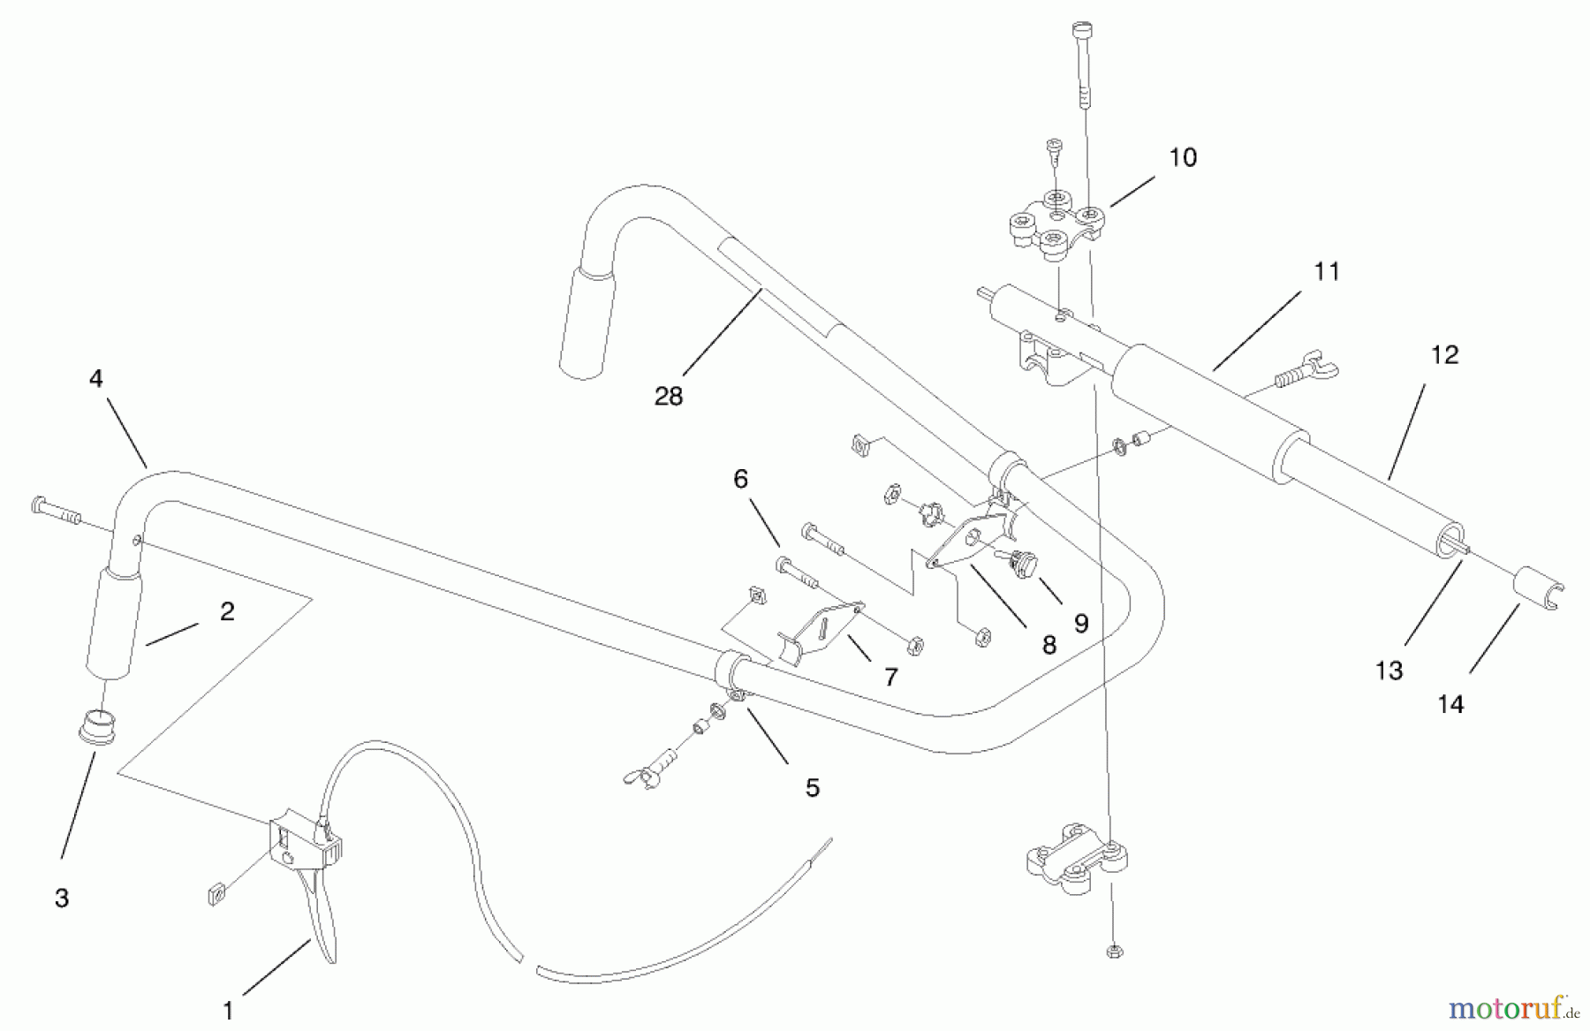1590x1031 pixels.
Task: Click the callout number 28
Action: [669, 397]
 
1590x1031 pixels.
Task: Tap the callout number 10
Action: [1183, 158]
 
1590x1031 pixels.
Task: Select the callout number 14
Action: [1450, 704]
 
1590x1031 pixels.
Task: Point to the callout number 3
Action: [61, 898]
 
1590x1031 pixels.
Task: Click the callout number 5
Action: [812, 787]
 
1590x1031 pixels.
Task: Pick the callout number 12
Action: [1444, 355]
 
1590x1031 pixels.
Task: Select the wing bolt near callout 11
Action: [1306, 371]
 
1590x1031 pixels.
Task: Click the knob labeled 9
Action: [1024, 563]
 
